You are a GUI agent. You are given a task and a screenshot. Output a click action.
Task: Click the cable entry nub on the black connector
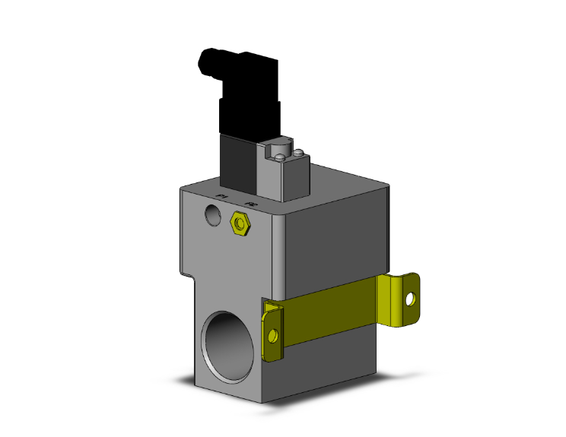tap(207, 60)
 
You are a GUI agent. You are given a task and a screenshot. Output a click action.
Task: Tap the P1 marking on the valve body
tap(222, 198)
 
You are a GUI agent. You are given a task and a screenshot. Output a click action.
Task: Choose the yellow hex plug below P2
tap(241, 223)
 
